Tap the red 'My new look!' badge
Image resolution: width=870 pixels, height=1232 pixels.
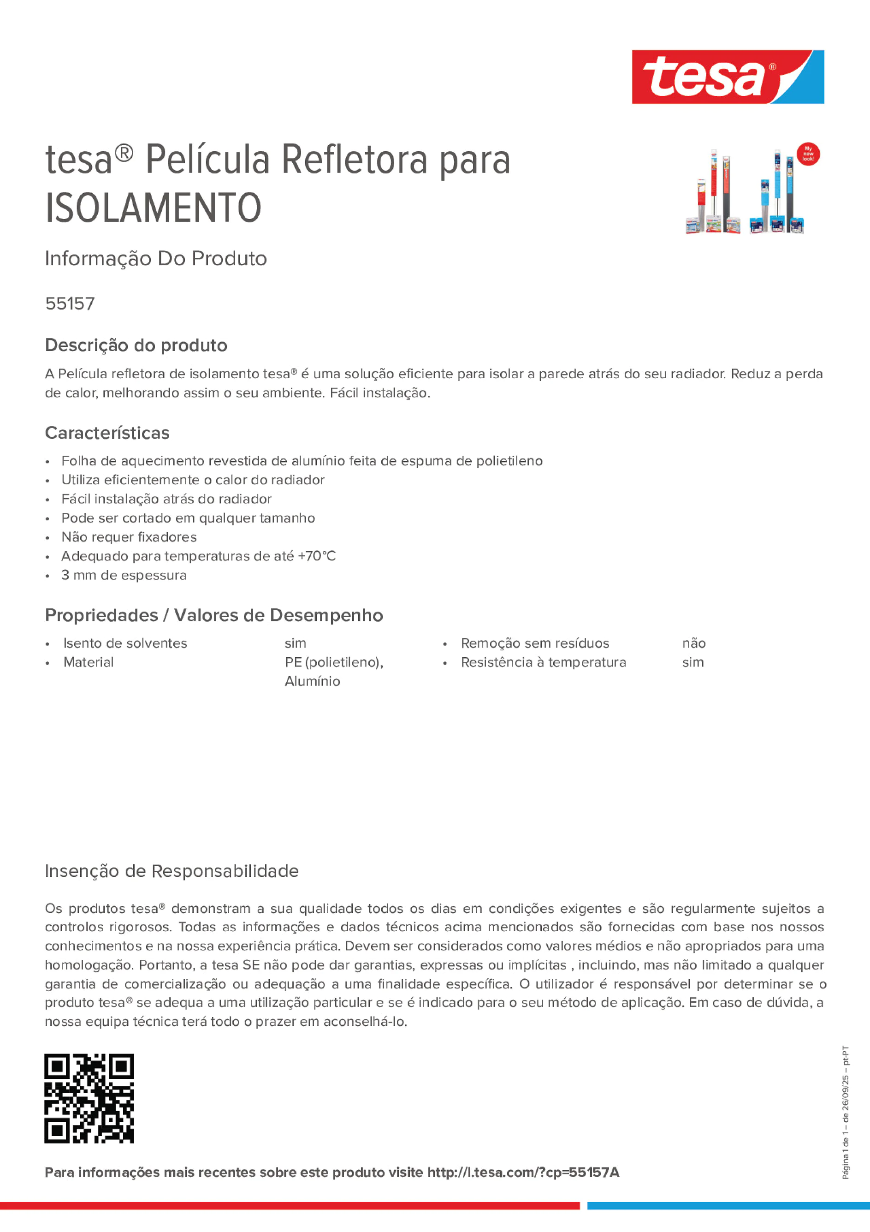click(x=808, y=154)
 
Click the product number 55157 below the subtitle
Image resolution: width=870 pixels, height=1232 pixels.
click(x=70, y=304)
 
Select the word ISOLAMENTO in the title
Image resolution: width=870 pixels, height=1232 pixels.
click(x=154, y=208)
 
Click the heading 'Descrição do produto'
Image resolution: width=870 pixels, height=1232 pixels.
click(x=136, y=345)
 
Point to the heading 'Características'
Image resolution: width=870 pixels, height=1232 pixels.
click(x=107, y=433)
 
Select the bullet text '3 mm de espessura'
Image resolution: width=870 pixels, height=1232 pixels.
click(x=124, y=575)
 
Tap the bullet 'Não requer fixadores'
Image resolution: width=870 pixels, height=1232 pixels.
click(x=129, y=537)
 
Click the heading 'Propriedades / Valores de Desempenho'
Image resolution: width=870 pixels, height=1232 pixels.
click(x=214, y=615)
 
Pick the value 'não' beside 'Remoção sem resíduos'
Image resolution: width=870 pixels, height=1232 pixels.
click(x=693, y=643)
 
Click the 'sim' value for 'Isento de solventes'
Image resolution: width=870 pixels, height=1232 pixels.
click(x=295, y=643)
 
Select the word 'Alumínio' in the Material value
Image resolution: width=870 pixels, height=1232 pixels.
click(x=312, y=681)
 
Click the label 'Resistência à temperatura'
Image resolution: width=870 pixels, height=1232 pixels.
click(x=544, y=662)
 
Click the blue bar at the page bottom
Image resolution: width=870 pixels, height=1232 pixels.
click(x=728, y=1205)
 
